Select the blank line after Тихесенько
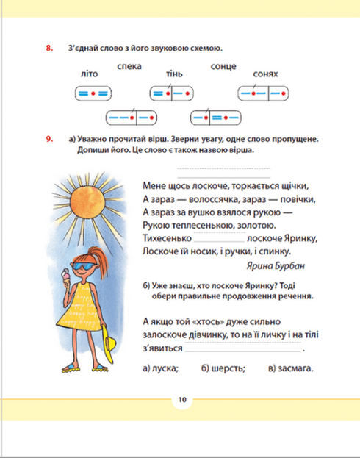220,240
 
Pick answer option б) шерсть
221,368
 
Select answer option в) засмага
290,368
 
